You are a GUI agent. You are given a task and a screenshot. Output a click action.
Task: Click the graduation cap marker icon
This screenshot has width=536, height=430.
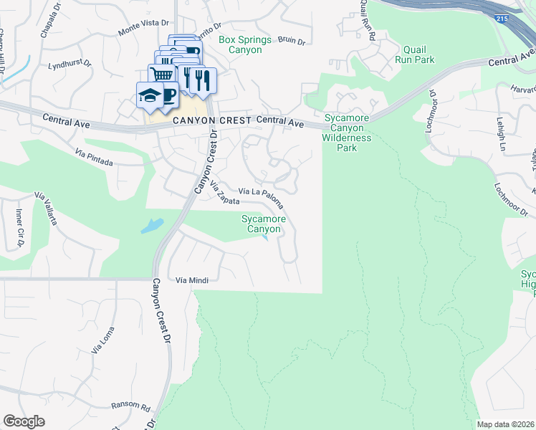click(x=149, y=95)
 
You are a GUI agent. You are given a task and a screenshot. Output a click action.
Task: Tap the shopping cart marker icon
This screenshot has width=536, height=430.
click(x=163, y=75)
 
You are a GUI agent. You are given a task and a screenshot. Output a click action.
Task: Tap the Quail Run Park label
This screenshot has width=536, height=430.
click(x=414, y=55)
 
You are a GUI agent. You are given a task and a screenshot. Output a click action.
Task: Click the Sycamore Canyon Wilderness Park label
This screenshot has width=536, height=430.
click(x=347, y=133)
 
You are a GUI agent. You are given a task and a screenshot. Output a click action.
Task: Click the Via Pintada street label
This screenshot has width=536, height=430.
click(x=95, y=157)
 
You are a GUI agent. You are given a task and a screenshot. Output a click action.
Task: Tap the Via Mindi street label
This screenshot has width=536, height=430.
click(x=192, y=280)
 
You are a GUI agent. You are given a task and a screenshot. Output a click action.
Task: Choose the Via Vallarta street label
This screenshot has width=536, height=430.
click(x=46, y=209)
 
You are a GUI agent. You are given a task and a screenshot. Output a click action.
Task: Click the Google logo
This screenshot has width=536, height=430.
click(x=24, y=421)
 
